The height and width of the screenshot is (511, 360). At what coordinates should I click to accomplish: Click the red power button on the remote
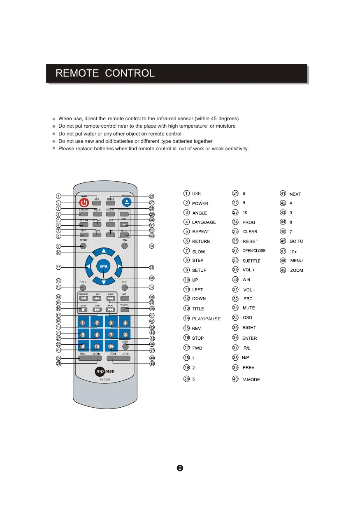pos(84,203)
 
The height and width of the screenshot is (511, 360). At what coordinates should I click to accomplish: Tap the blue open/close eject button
pos(127,202)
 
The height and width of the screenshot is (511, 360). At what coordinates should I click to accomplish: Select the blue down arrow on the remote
pos(104,282)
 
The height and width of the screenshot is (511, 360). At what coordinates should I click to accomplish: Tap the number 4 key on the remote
pos(125,323)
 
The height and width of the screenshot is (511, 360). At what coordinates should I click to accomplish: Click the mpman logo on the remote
pos(105,372)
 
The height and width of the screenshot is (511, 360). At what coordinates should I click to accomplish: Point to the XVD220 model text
pos(105,380)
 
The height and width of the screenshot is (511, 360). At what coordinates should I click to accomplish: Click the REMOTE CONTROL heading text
pos(105,73)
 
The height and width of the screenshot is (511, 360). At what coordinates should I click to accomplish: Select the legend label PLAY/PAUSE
pos(206,319)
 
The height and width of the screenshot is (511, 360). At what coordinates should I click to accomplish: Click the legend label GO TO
pos(296,242)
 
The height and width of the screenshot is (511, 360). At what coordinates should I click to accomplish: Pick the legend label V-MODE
pos(251,380)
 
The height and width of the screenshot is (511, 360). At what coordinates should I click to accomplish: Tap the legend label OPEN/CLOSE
pos(254,251)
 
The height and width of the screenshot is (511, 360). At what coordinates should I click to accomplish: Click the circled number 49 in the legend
pos(283,270)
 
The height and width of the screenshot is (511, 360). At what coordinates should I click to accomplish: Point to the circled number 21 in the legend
pos(235,193)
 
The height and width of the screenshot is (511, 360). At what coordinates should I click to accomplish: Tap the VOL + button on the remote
pos(124,214)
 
